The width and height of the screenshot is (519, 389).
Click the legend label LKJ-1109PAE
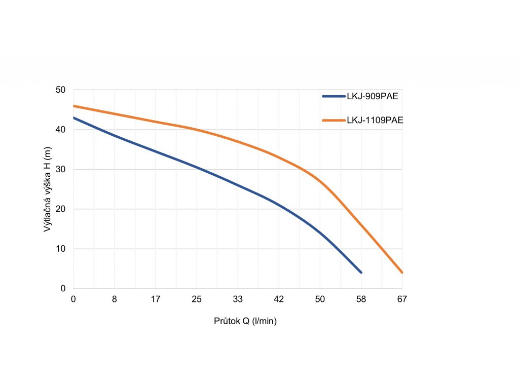pos(375,120)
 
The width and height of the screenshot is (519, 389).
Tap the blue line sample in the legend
pos(333,96)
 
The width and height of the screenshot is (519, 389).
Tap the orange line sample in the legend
pos(333,120)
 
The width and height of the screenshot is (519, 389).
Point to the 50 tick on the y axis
pos(61,90)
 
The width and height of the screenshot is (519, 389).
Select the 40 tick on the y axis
pos(61,130)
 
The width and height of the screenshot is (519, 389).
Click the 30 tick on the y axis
pos(61,169)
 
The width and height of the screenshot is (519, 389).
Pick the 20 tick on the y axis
pos(61,209)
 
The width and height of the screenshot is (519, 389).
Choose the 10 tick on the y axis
pos(61,249)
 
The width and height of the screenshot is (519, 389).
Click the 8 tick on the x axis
pos(115,299)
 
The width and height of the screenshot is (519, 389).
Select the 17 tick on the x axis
pos(156,299)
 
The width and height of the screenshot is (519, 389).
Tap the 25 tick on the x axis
pos(197,299)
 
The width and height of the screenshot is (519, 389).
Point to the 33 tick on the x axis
pos(238,299)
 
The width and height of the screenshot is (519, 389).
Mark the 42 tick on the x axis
pos(279,299)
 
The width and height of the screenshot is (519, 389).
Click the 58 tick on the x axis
pos(361,299)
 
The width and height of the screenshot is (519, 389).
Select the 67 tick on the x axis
pos(402,299)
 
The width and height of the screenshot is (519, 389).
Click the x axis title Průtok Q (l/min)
pos(245,321)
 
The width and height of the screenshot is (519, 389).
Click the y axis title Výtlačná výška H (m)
pos(47,189)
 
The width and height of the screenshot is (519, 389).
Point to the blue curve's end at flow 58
pos(361,273)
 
